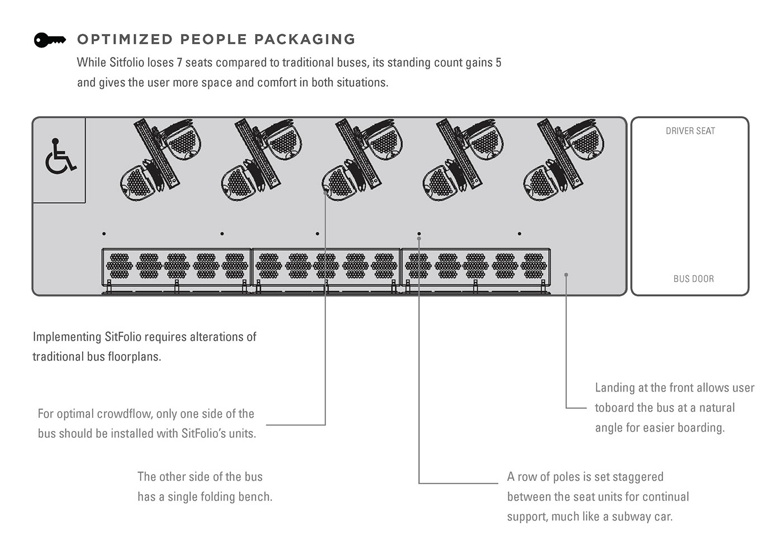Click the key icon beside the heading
49,40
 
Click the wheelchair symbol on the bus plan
60,157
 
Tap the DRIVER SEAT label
690,131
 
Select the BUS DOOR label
693,279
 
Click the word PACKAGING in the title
304,40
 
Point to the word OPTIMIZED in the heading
125,40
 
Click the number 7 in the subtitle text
179,63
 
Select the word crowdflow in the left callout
125,414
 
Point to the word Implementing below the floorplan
67,337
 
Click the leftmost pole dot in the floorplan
104,233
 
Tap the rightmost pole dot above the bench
519,233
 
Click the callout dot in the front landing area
566,274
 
